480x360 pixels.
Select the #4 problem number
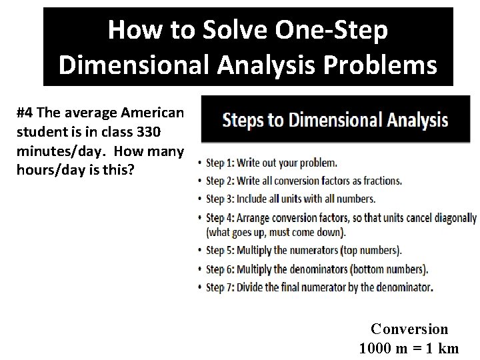26,113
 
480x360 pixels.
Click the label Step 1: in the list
223,163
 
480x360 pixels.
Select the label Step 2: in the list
223,181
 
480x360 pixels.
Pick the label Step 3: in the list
223,199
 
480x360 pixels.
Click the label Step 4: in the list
223,217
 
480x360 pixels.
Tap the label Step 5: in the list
223,251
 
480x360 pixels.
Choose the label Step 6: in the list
223,269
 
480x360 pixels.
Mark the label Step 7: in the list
223,287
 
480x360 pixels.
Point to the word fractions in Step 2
380,181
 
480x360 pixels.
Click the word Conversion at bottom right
409,329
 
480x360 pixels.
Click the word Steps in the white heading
243,121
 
